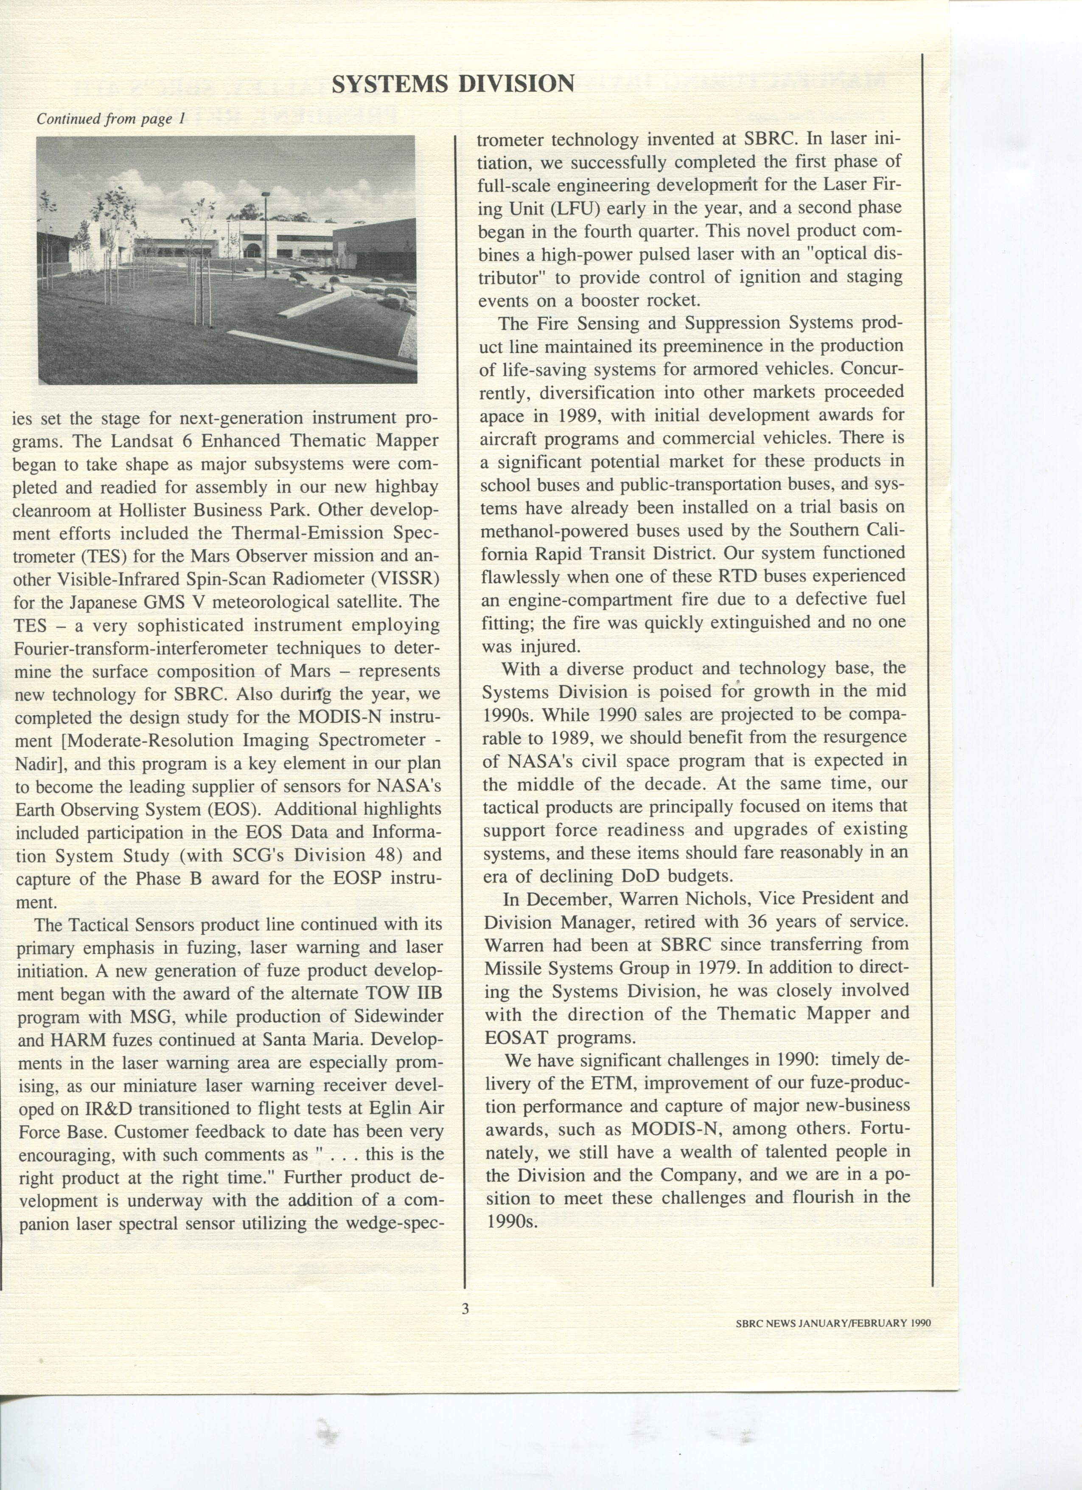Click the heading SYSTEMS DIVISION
click(453, 83)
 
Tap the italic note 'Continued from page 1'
click(111, 119)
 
